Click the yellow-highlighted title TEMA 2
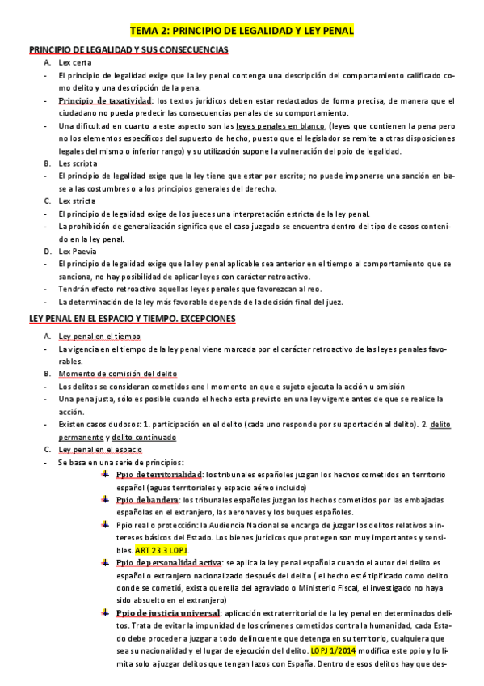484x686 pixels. coord(242,31)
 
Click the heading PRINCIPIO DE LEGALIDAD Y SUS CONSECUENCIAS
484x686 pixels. coord(128,50)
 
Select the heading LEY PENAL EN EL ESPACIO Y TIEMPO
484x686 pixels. coord(132,319)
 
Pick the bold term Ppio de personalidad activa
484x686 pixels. coord(168,562)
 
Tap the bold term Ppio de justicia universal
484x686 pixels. coord(168,613)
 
